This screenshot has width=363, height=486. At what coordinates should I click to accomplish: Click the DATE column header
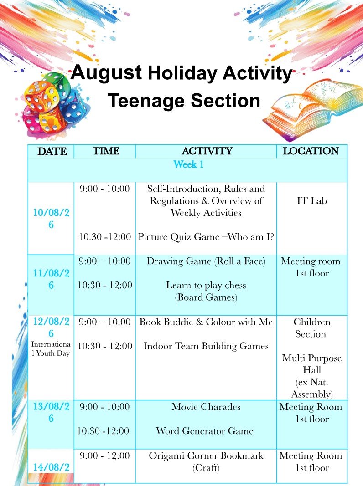[x=52, y=151]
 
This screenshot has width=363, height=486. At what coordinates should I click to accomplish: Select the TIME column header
[x=106, y=151]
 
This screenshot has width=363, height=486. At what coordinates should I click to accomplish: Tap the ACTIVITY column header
[x=207, y=151]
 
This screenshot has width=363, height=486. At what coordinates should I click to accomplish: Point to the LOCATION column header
[x=311, y=151]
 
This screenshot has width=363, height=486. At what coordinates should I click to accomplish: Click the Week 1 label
[x=188, y=164]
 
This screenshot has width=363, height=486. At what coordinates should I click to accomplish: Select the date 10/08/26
[x=51, y=219]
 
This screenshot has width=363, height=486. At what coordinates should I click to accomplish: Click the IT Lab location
[x=312, y=200]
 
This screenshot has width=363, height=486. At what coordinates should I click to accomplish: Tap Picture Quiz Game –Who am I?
[x=206, y=237]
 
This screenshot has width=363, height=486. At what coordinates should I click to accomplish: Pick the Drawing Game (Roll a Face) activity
[x=206, y=261]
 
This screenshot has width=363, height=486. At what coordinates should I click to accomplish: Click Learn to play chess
[x=206, y=285]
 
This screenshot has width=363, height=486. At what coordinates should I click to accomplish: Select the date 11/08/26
[x=51, y=279]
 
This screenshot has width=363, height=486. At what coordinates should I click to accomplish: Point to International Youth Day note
[x=51, y=349]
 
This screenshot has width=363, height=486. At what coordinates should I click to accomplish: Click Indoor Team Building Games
[x=206, y=346]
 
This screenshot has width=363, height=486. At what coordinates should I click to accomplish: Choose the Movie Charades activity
[x=206, y=407]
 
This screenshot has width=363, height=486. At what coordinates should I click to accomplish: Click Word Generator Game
[x=205, y=431]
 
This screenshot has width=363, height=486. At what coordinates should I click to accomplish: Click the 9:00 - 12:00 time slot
[x=104, y=455]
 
